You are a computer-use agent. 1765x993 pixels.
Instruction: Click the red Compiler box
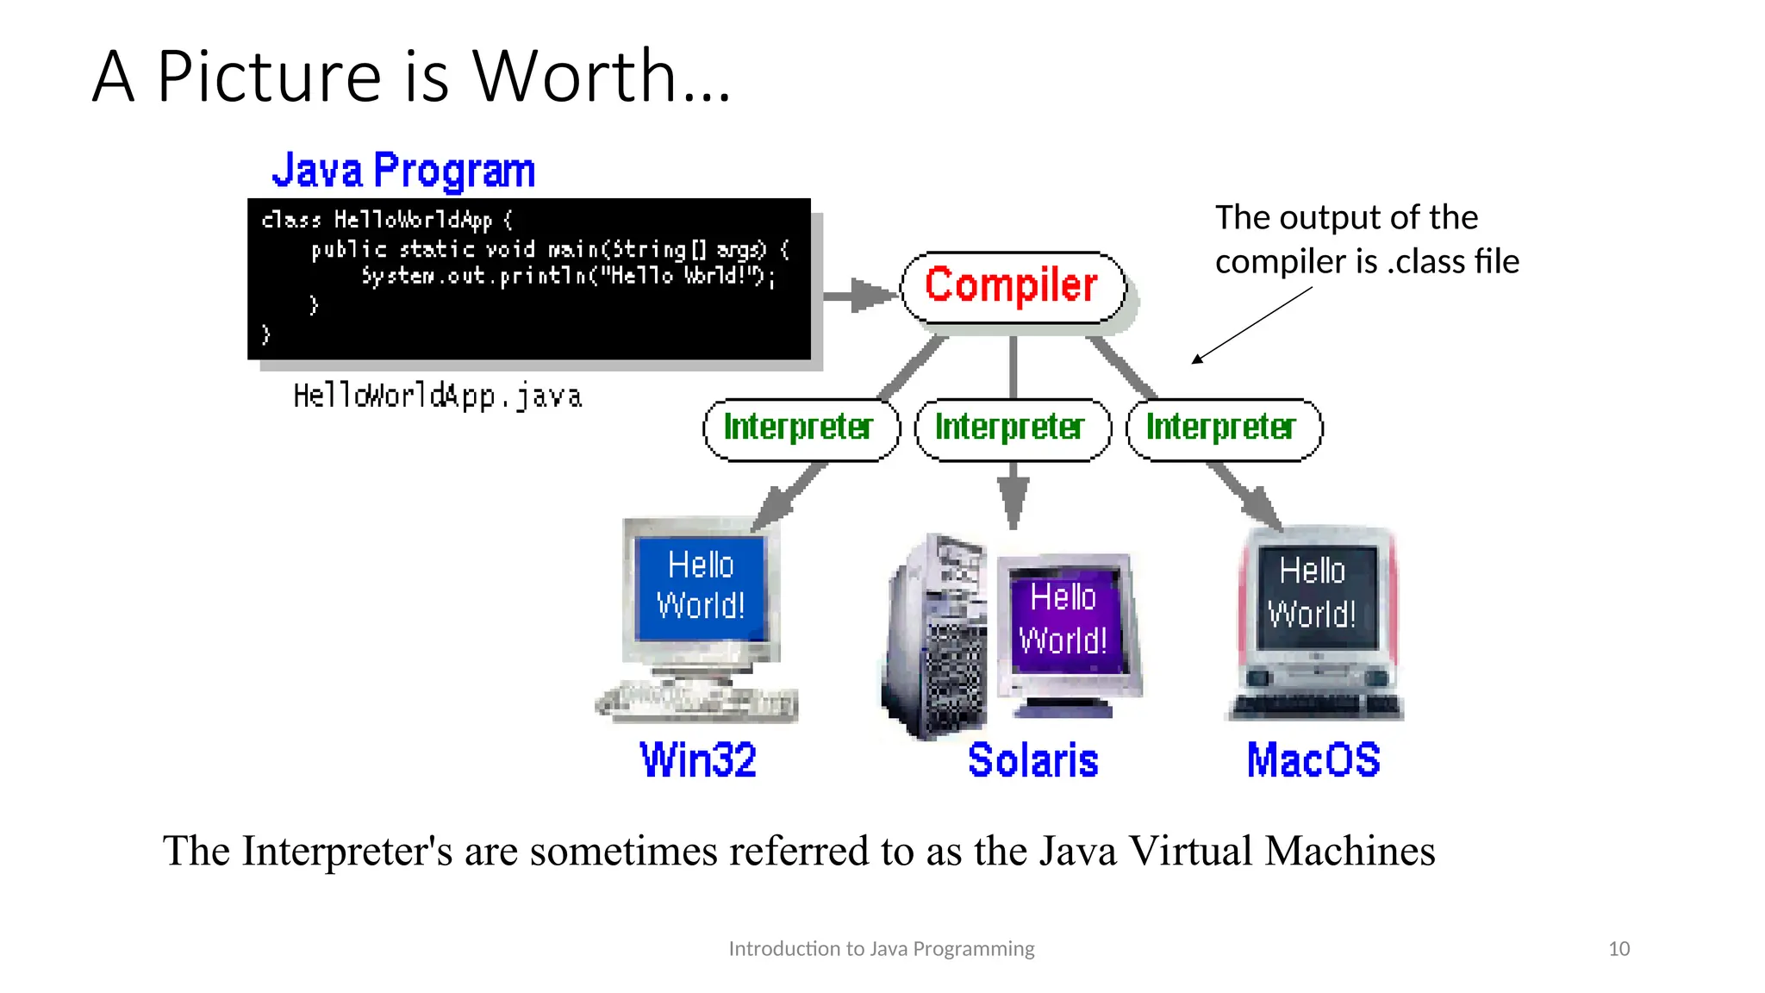pos(1013,287)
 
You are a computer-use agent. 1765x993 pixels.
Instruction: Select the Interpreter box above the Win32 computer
pos(801,429)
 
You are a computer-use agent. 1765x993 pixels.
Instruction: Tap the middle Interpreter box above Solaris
pos(1012,429)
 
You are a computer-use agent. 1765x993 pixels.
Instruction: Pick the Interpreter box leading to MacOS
pos(1223,429)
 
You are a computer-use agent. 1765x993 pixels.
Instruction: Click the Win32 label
pos(698,760)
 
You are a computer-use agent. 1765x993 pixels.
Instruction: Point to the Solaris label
pos(1032,760)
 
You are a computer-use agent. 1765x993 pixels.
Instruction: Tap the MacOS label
pos(1313,760)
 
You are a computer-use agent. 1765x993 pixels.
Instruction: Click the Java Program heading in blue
pos(403,170)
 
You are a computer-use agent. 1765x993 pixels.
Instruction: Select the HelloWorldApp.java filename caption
pos(438,397)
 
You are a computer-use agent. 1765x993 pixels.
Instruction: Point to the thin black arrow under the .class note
pos(1251,325)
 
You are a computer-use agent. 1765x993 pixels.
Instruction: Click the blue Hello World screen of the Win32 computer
pos(701,586)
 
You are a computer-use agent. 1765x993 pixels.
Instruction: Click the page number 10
pos(1618,949)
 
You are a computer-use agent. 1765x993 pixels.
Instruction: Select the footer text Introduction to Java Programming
pos(881,949)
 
